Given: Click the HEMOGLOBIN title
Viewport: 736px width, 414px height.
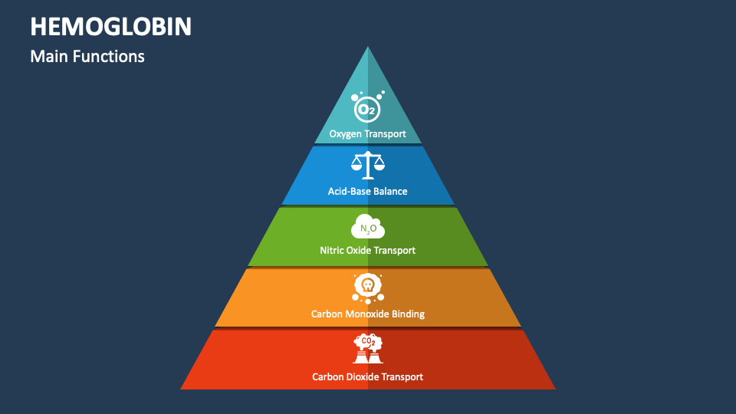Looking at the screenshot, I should click(x=111, y=26).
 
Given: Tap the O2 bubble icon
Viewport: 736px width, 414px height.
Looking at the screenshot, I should click(x=367, y=107).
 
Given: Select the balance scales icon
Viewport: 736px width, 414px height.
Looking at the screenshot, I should click(x=368, y=163).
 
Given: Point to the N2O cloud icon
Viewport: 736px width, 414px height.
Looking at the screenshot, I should click(x=368, y=228).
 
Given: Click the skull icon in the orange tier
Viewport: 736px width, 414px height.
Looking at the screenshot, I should click(x=368, y=287).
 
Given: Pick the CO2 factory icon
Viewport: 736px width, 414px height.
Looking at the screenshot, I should click(x=368, y=349).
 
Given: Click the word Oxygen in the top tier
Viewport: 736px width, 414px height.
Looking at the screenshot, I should click(x=347, y=134).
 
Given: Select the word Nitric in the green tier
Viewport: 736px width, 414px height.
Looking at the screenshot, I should click(x=333, y=250).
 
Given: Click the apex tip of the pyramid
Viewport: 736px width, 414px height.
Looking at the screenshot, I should click(x=368, y=48).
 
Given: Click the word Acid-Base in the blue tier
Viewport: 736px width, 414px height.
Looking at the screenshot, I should click(x=348, y=191).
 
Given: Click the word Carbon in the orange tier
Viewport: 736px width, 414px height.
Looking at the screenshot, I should click(x=327, y=314).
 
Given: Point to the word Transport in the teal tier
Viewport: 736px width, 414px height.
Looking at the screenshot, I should click(x=386, y=134).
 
